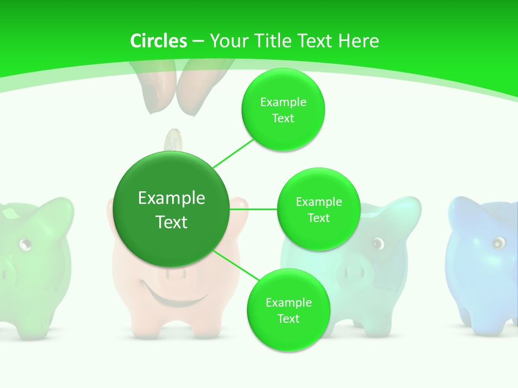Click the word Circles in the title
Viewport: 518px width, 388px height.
click(x=159, y=41)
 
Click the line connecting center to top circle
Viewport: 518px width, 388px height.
click(x=233, y=153)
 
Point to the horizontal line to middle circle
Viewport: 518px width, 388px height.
click(x=253, y=209)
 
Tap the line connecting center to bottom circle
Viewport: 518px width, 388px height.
click(x=234, y=266)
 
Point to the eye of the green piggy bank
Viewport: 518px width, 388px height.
click(x=25, y=245)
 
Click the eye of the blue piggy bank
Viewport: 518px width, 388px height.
click(x=497, y=242)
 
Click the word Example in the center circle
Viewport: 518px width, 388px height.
click(x=172, y=198)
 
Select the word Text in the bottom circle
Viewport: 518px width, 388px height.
click(x=288, y=318)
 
